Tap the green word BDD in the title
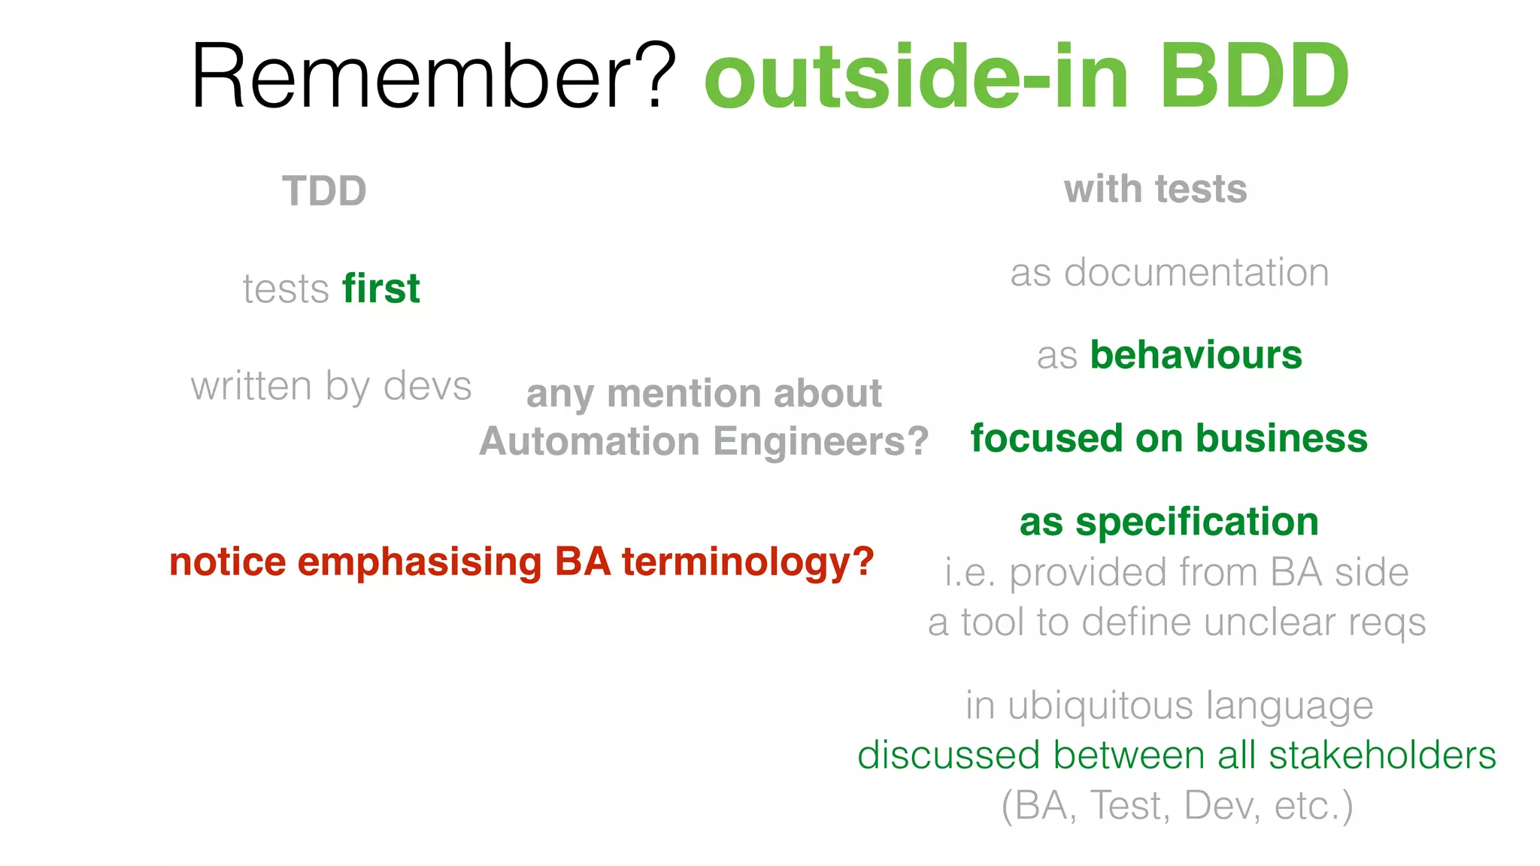(x=1254, y=77)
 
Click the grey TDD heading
(x=324, y=191)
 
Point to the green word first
(x=380, y=289)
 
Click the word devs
(x=427, y=386)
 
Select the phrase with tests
(x=1155, y=189)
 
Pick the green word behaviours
(x=1196, y=355)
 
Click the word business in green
(x=1281, y=438)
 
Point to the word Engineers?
(x=821, y=441)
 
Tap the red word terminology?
(x=748, y=562)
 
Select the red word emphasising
(x=420, y=562)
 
